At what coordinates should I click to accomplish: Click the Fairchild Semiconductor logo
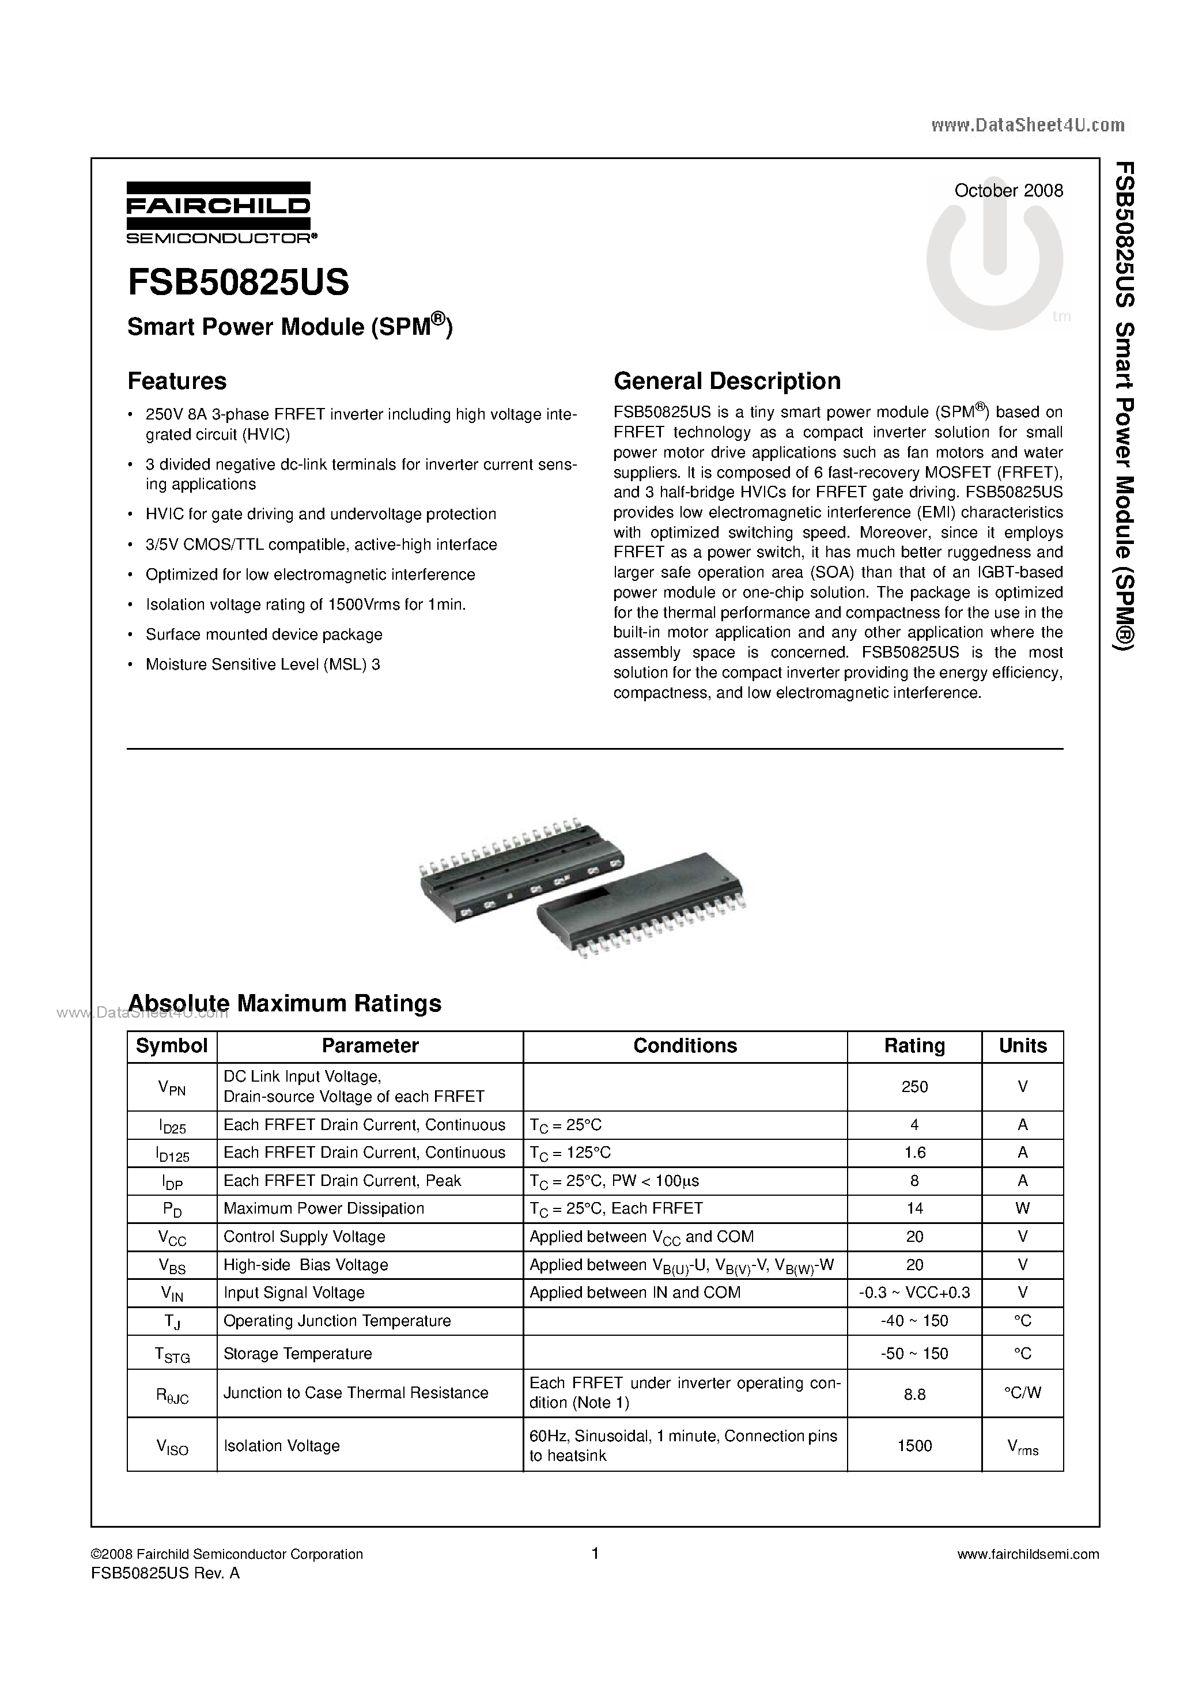point(219,212)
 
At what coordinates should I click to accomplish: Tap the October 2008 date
point(1008,191)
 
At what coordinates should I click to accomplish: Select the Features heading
point(177,381)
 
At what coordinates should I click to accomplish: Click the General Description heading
point(727,381)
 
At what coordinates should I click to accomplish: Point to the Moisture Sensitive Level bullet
point(262,664)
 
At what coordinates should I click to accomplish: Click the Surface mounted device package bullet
point(263,634)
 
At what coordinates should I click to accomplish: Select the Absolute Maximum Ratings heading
point(285,1003)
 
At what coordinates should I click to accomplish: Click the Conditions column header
point(685,1046)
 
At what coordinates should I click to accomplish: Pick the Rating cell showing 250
point(914,1087)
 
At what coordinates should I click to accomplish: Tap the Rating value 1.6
point(914,1152)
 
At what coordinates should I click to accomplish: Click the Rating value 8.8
point(914,1393)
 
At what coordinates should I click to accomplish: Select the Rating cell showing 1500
point(914,1445)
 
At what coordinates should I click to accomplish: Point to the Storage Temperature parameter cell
point(297,1353)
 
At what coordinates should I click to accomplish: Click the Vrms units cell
point(1022,1446)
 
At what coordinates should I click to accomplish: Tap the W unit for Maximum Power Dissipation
point(1022,1208)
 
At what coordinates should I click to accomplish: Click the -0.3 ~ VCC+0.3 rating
point(914,1293)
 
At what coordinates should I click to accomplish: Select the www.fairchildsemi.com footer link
point(1028,1554)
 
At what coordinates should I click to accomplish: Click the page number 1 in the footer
point(595,1553)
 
